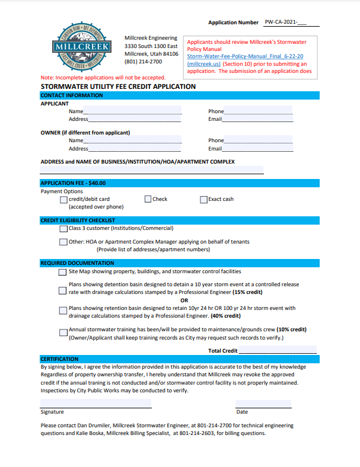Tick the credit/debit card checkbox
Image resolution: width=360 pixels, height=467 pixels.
pos(64,200)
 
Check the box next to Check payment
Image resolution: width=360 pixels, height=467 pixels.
pos(148,199)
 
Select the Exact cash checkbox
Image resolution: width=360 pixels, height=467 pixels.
pos(203,200)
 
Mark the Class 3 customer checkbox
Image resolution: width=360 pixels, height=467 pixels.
pos(63,229)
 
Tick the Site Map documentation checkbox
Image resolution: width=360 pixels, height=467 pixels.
pos(63,273)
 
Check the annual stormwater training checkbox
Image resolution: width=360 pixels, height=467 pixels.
pos(63,332)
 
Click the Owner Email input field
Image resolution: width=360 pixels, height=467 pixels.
pos(257,148)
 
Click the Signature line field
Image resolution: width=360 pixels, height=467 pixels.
pos(95,404)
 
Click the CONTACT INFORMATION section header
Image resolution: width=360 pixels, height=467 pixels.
pos(71,95)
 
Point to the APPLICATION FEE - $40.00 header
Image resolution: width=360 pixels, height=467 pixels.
pos(73,183)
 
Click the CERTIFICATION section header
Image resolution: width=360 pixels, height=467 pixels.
pos(59,359)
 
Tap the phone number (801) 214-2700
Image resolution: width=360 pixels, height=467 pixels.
pos(143,62)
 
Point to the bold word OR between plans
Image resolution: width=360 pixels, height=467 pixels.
pos(184,300)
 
